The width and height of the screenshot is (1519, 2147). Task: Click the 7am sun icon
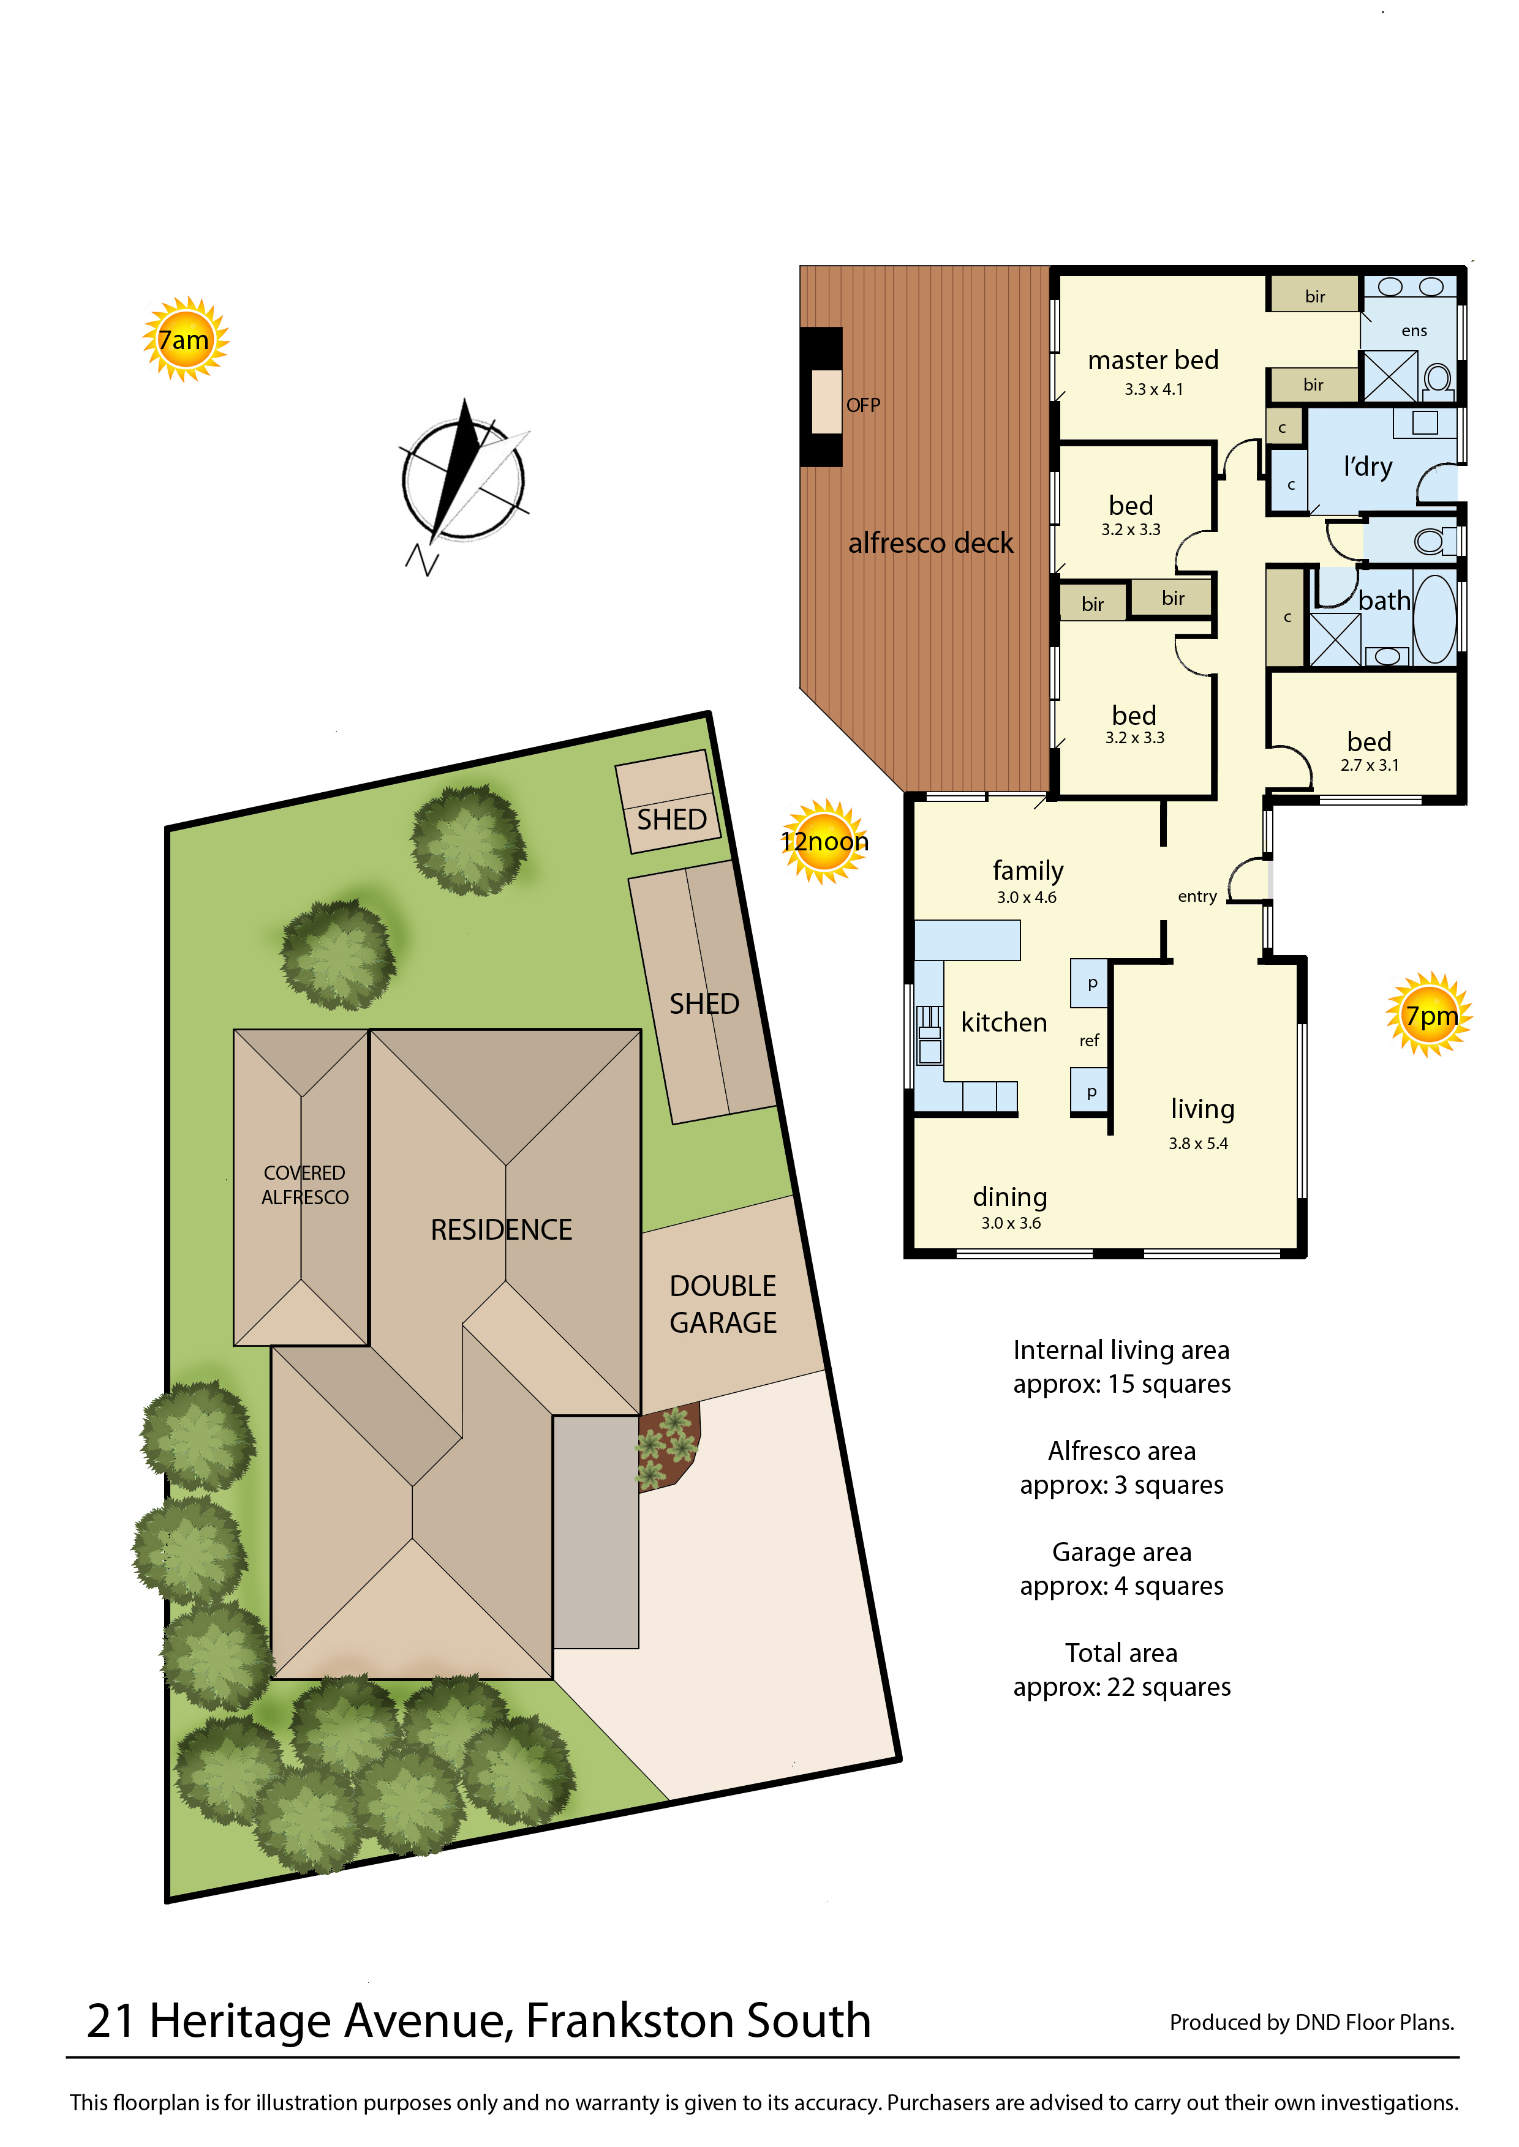click(x=185, y=339)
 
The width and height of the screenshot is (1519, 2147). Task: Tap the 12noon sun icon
click(x=824, y=842)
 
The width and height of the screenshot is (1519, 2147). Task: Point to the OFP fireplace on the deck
click(x=822, y=397)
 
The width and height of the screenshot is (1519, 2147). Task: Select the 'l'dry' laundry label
click(x=1368, y=466)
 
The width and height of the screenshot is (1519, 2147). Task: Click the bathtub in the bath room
click(x=1435, y=619)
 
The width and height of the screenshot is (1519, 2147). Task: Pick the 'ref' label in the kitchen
click(x=1090, y=1041)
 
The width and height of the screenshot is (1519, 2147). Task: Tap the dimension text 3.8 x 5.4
click(x=1198, y=1144)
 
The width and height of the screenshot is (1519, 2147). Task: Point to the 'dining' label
click(x=1010, y=1197)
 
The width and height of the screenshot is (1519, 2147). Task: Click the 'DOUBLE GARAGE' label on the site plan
click(x=723, y=1305)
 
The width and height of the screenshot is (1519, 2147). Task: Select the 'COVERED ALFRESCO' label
click(x=305, y=1185)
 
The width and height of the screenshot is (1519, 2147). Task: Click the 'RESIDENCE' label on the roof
click(x=502, y=1230)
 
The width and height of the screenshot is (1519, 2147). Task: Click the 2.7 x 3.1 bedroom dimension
click(x=1370, y=765)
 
